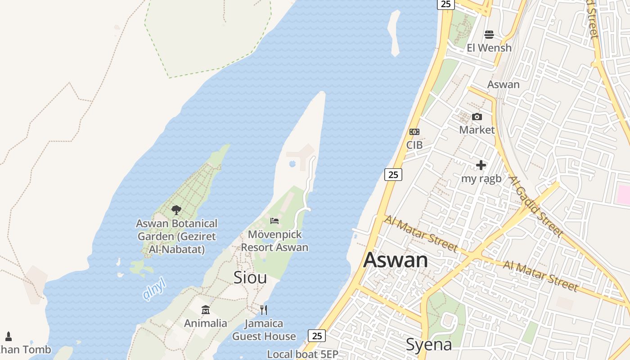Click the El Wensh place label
[x=489, y=48]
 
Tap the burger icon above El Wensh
[x=489, y=35]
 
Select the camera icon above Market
[x=477, y=117]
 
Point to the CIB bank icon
[x=414, y=132]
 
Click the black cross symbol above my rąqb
[x=481, y=165]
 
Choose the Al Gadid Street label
[x=535, y=206]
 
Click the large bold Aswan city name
[x=396, y=260]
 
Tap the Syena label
[x=429, y=345]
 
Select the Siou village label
[x=250, y=278]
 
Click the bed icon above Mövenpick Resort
[x=274, y=220]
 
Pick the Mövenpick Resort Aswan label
[x=274, y=241]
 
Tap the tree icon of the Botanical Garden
[x=176, y=210]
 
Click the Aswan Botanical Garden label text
[x=177, y=236]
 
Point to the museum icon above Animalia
[x=206, y=310]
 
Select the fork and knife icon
[x=264, y=310]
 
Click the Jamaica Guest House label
[x=264, y=330]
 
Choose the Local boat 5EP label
[x=302, y=354]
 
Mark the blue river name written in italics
[x=154, y=289]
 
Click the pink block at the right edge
[x=624, y=194]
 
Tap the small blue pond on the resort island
[x=292, y=163]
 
